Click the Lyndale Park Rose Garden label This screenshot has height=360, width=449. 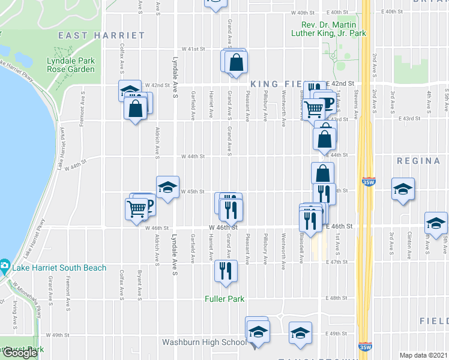(71, 65)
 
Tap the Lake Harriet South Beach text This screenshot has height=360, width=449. (58, 268)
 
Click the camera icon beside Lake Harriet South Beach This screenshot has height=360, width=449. (4, 265)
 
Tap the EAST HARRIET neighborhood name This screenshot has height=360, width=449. (101, 35)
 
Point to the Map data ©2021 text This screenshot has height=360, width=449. (424, 355)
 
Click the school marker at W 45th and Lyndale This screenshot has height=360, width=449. (167, 187)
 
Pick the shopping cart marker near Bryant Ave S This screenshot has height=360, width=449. (137, 208)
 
